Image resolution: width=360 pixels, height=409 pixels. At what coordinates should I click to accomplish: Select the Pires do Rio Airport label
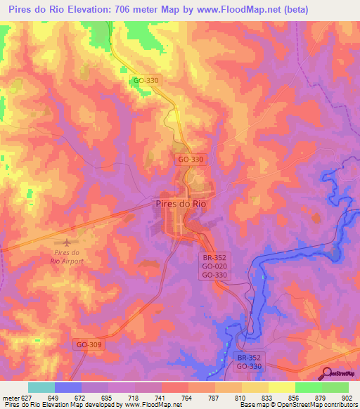click(68, 257)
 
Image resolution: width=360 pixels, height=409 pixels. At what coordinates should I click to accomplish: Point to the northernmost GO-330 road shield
click(146, 81)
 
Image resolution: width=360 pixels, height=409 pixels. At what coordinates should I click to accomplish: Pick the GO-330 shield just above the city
click(191, 160)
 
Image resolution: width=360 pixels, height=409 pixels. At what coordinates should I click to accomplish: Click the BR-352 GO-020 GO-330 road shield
click(214, 267)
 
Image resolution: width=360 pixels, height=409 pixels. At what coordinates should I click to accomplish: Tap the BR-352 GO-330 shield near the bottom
click(248, 362)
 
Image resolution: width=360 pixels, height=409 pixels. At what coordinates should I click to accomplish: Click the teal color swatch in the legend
click(41, 387)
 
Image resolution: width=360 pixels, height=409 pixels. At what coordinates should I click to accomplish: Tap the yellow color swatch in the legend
click(281, 387)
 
